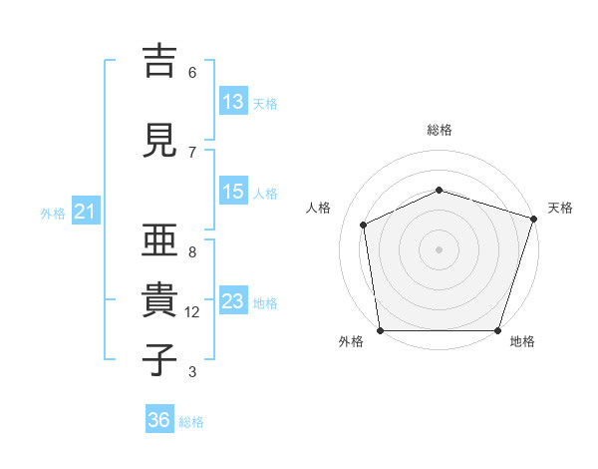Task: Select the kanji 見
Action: point(159,140)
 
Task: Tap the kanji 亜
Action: point(159,239)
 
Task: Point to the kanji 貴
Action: point(159,299)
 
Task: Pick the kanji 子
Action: point(159,359)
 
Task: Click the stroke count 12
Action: point(191,312)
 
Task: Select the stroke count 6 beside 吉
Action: point(192,73)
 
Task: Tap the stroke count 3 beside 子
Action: point(192,372)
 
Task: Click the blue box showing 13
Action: point(234,101)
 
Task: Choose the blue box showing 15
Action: point(234,191)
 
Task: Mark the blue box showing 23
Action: point(234,299)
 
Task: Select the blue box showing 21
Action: point(86,211)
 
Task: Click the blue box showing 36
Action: point(159,418)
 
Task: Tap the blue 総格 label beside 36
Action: point(191,422)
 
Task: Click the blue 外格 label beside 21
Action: point(53,214)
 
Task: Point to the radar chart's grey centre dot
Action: point(439,249)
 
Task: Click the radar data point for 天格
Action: point(534,219)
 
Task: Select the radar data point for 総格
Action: point(440,190)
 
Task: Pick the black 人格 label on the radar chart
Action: point(318,208)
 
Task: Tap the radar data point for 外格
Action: point(381,330)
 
